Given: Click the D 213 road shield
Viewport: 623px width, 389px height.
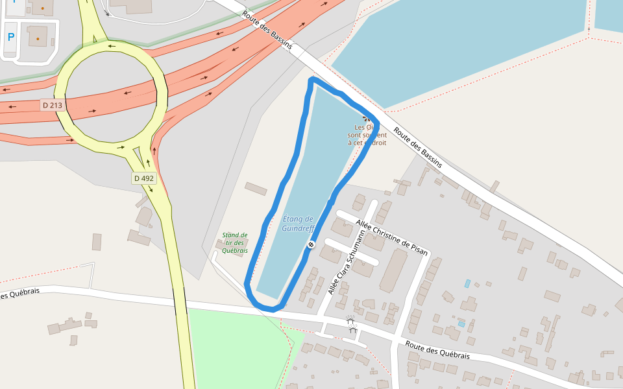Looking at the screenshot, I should click(x=52, y=105).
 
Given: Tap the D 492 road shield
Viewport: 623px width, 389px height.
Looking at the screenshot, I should click(x=144, y=178).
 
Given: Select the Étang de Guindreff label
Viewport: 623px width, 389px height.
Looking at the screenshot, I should click(x=298, y=224).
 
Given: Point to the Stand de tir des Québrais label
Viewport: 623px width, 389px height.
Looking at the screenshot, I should click(x=234, y=242).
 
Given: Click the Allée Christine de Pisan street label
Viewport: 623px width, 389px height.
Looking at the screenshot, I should click(x=392, y=238).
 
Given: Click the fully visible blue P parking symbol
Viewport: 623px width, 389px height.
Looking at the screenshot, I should click(x=11, y=38).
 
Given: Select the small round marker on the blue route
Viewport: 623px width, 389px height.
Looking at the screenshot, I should click(x=311, y=244).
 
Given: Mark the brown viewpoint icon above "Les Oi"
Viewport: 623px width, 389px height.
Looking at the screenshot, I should click(x=368, y=119).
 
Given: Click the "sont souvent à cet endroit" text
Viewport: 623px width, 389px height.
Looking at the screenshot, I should click(x=367, y=139).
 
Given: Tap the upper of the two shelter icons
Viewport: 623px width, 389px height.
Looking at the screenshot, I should click(x=350, y=320).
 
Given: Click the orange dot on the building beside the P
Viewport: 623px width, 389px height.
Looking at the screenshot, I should click(x=38, y=39).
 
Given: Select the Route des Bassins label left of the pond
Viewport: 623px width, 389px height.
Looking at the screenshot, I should click(x=267, y=30).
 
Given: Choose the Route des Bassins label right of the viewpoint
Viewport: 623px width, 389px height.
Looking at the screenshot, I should click(x=417, y=147).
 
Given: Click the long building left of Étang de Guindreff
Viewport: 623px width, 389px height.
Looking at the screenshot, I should click(x=256, y=189).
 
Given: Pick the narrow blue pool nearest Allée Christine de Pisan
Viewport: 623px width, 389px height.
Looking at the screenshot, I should click(x=467, y=283).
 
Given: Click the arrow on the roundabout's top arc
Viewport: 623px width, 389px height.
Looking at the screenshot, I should click(x=112, y=45).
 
